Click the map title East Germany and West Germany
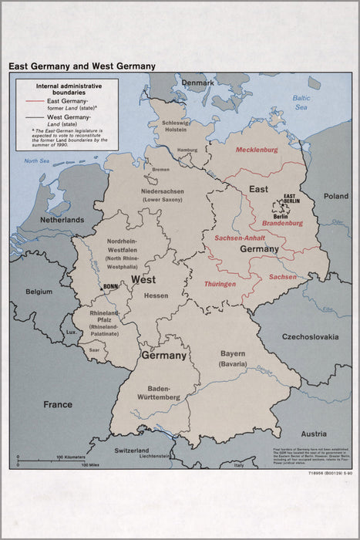coord(82,66)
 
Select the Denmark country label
coord(198,83)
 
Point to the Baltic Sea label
coord(301,102)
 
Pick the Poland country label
coord(335,196)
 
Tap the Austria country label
coord(313,433)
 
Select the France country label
coord(57,404)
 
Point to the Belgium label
coord(39,292)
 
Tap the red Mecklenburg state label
coord(257,150)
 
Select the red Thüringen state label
coord(220,284)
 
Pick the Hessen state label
coord(156,295)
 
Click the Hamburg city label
coord(187,150)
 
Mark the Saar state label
coord(95,349)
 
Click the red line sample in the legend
coord(34,101)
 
